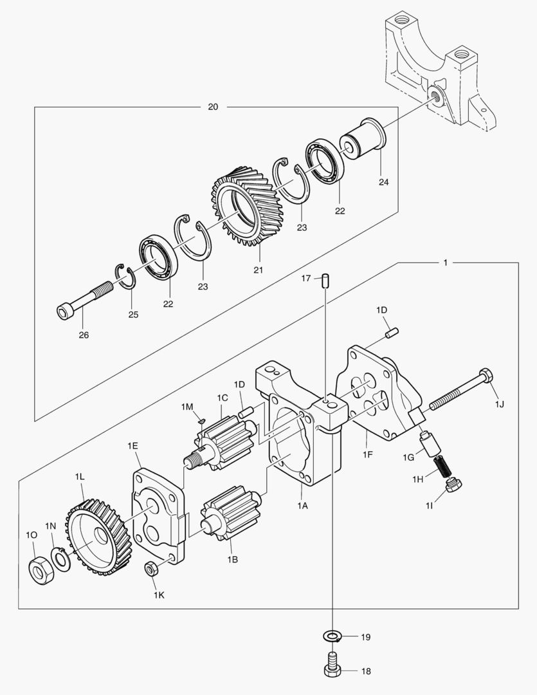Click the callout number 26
tap(84, 335)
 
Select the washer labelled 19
tap(332, 636)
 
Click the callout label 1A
tap(302, 506)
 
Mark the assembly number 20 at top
tap(213, 107)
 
